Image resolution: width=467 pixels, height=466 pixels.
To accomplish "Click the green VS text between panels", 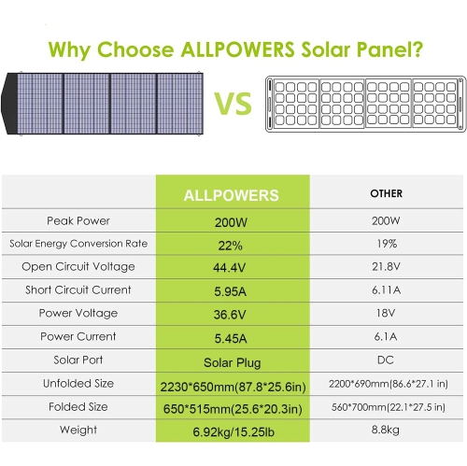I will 234,103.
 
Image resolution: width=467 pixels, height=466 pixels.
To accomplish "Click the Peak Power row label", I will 78,220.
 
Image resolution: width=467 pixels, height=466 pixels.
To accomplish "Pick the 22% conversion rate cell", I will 232,245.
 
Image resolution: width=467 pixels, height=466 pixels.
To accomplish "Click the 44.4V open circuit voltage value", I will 232,267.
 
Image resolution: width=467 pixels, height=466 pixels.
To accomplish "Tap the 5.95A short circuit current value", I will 232,290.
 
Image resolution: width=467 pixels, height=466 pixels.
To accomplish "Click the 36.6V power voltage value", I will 232,314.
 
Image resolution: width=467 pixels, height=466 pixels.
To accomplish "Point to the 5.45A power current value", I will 232,336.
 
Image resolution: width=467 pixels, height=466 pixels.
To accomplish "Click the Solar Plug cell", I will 232,360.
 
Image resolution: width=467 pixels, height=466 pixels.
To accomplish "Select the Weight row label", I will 78,429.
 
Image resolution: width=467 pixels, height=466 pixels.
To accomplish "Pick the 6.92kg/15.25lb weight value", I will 232,430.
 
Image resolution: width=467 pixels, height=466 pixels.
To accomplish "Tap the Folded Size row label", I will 78,405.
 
